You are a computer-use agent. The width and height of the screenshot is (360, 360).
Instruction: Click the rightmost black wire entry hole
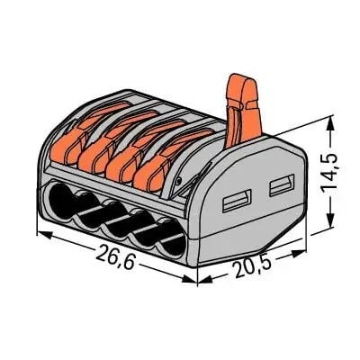(175, 247)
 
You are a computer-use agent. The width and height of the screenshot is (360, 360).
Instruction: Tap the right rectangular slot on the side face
(278, 186)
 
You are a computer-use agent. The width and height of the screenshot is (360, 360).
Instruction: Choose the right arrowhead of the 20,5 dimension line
(302, 253)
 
